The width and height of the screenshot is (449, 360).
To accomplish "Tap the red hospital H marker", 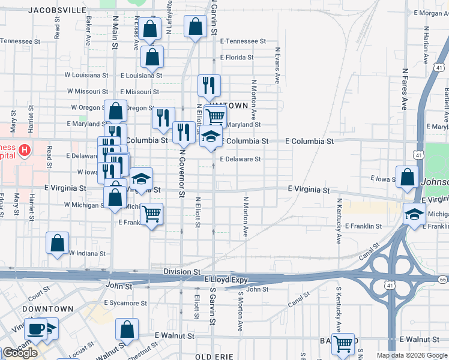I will (x=24, y=149).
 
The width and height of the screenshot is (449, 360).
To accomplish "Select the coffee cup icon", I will (x=36, y=328).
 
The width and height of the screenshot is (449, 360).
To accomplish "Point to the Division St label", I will (x=182, y=272).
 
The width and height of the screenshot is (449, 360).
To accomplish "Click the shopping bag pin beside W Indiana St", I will (x=58, y=244).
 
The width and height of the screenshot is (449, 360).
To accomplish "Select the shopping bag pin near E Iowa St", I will (x=407, y=177).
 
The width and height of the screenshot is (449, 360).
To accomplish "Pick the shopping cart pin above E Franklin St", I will (x=152, y=213).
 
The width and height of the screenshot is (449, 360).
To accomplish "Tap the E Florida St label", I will (x=237, y=58).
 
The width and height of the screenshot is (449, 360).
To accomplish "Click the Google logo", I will (x=20, y=353).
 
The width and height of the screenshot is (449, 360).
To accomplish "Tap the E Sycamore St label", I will (x=125, y=303).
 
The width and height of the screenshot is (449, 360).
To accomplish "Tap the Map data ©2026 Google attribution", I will (x=412, y=355).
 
